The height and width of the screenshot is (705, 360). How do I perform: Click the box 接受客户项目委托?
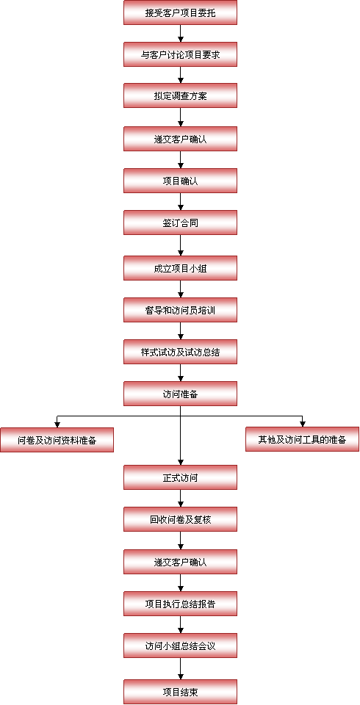click(180, 12)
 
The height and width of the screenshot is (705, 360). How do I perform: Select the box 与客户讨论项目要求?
click(180, 54)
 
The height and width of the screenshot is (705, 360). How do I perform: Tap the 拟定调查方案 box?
click(180, 95)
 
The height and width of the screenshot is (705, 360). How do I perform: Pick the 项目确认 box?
click(180, 181)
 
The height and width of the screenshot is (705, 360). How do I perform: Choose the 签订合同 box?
click(180, 223)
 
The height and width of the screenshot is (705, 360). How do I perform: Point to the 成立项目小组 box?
click(180, 269)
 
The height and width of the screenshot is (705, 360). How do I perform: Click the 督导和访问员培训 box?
click(180, 310)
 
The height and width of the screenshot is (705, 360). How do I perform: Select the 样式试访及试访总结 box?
click(180, 352)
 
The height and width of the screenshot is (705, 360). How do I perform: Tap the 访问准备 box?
click(180, 394)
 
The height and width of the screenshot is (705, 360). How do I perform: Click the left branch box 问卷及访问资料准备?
click(57, 440)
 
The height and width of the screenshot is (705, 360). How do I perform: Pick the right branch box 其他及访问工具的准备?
click(303, 439)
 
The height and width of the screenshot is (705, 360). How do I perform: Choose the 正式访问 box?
click(180, 477)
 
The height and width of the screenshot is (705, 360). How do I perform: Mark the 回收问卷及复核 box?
click(180, 519)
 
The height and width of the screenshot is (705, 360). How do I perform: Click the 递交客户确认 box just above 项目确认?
click(180, 139)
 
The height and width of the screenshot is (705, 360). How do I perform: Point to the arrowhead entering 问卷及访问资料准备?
click(57, 424)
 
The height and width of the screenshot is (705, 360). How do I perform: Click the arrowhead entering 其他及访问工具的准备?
click(303, 424)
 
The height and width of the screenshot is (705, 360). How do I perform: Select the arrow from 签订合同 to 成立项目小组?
click(181, 245)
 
